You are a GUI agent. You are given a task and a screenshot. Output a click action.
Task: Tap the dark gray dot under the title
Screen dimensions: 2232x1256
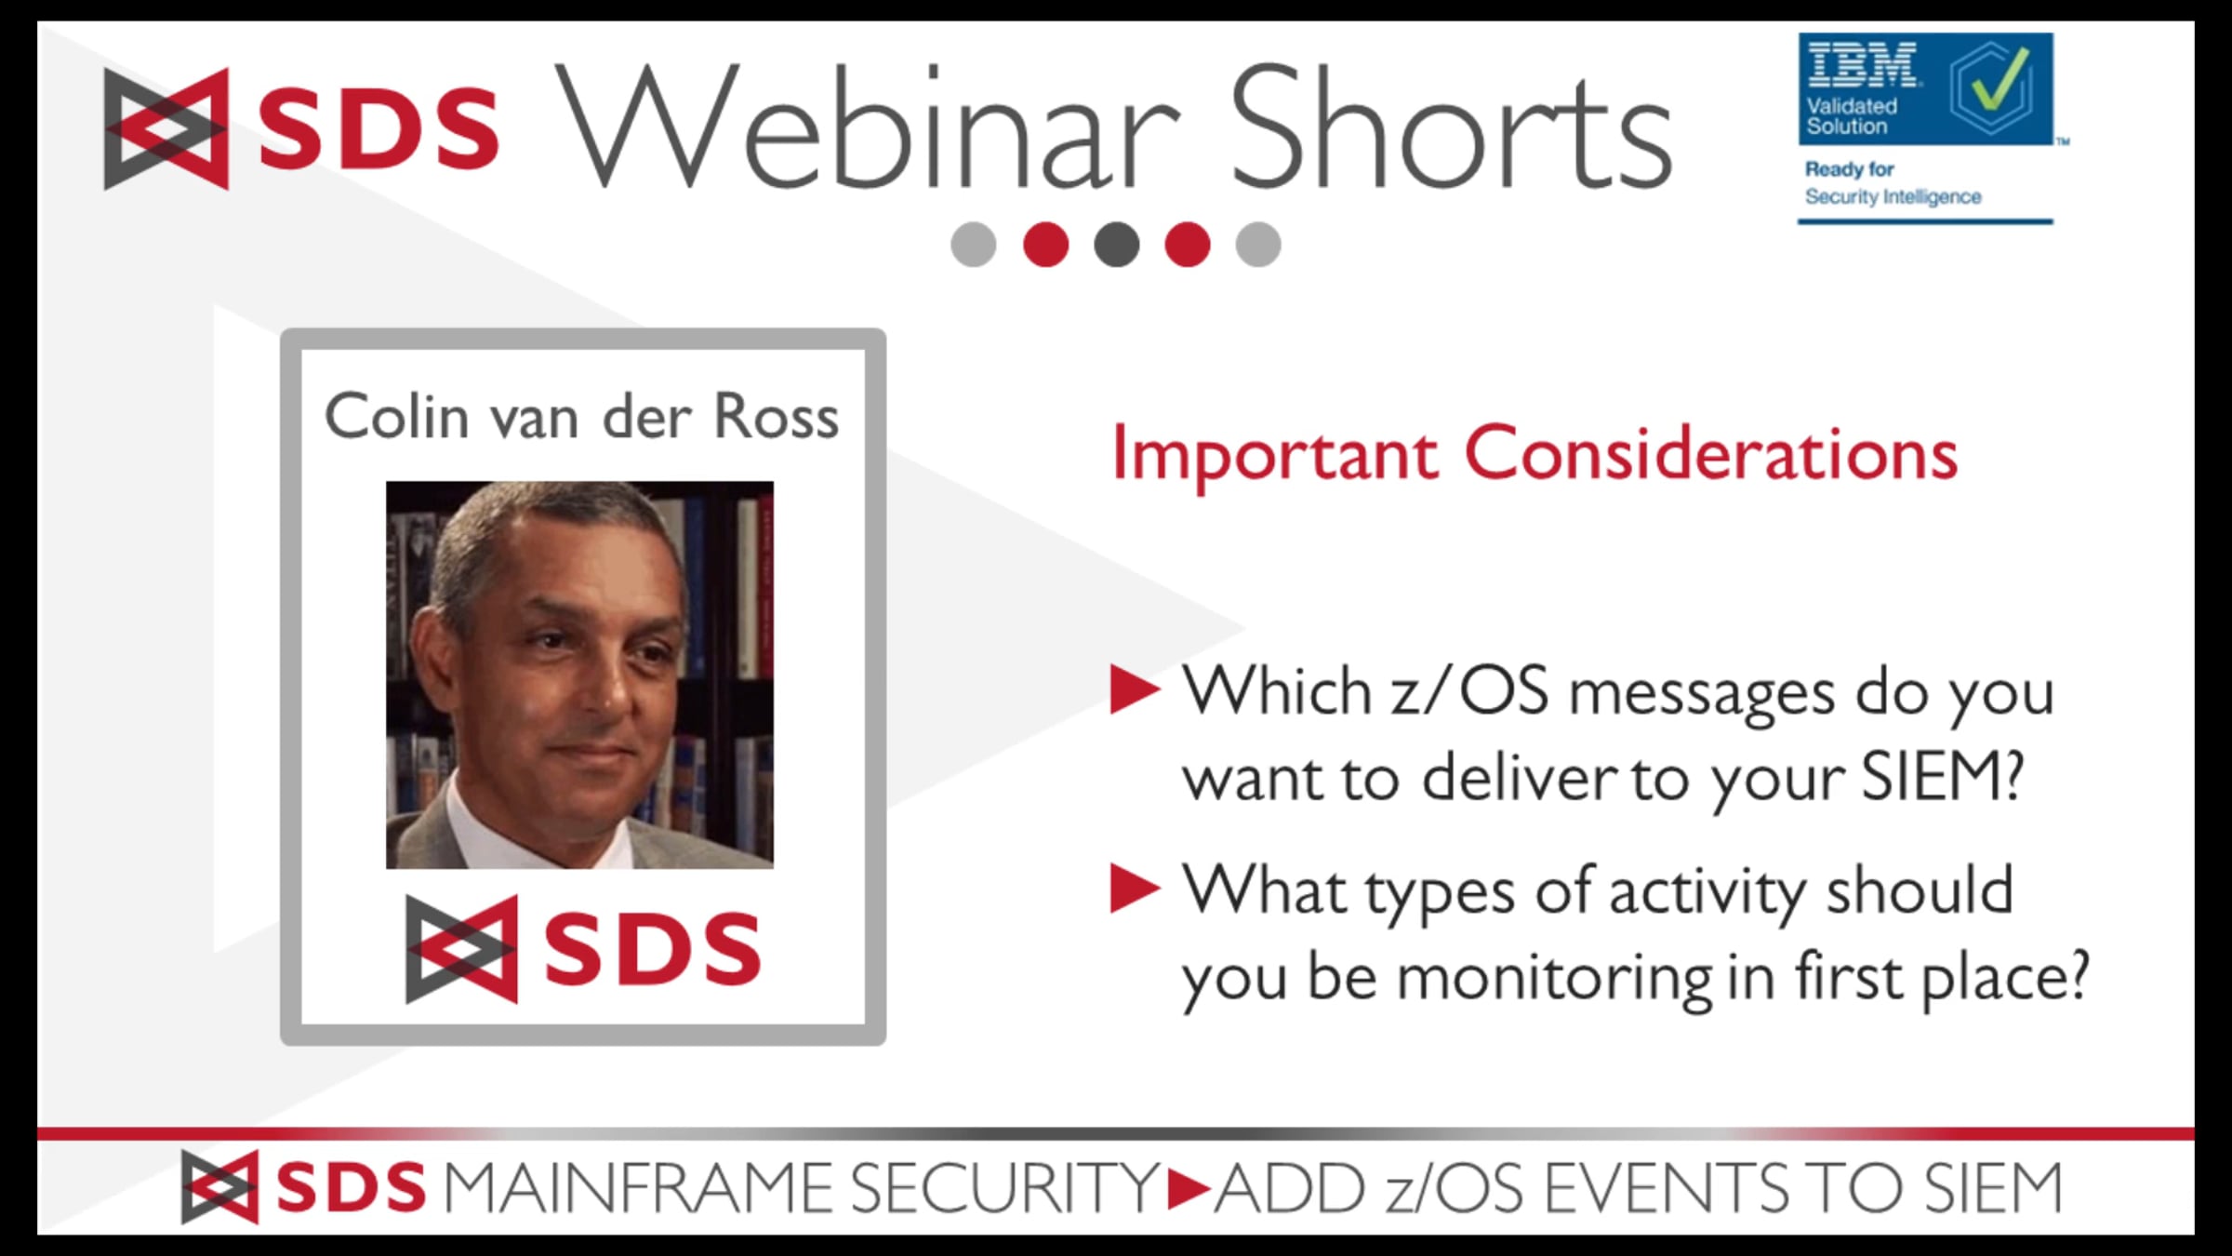point(1116,245)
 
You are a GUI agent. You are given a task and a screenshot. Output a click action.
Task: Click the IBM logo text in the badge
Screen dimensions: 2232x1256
point(1862,65)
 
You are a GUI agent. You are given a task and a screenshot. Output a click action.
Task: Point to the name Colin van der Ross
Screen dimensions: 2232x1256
point(581,416)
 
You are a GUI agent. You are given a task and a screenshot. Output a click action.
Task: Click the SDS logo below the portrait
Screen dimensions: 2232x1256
point(583,949)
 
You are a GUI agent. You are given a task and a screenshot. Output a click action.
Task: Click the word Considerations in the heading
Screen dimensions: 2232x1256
point(1711,453)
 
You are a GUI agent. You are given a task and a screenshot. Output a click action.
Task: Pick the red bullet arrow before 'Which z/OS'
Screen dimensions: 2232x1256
point(1136,690)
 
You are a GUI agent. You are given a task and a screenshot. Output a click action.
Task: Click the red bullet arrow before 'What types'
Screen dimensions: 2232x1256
point(1136,889)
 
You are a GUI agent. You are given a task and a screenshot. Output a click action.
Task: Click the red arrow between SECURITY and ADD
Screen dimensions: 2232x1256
point(1188,1188)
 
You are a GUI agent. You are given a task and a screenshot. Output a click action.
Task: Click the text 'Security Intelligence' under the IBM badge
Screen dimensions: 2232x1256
point(1893,197)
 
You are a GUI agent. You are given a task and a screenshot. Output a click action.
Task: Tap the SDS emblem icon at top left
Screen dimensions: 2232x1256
point(166,128)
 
